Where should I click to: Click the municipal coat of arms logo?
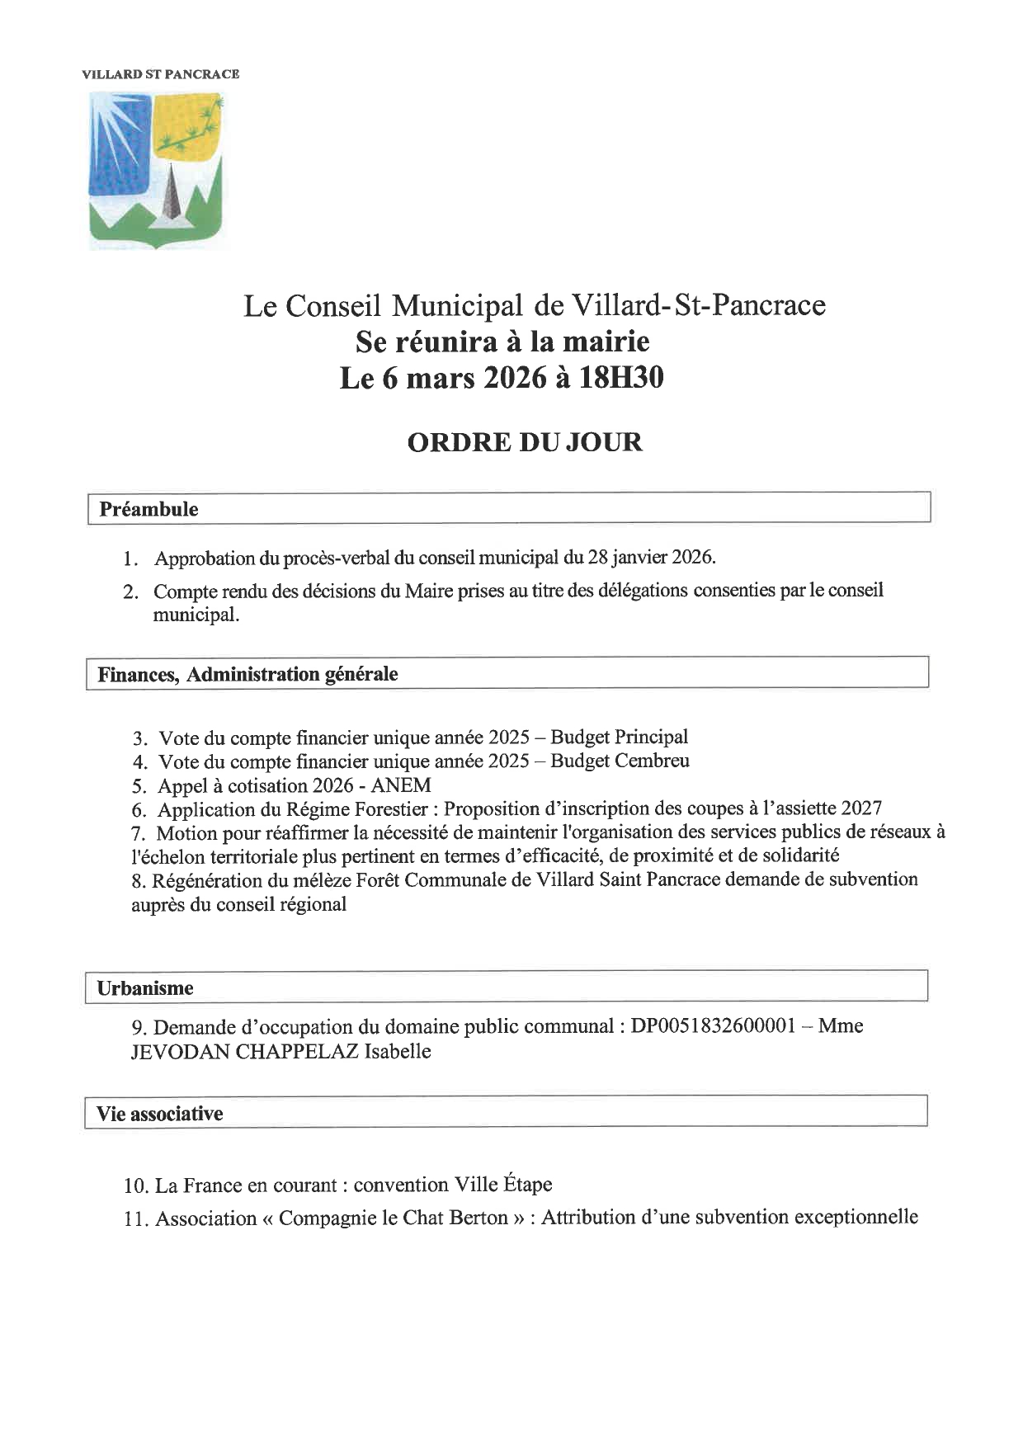pyautogui.click(x=156, y=170)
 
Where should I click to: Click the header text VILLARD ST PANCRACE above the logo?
pyautogui.click(x=161, y=74)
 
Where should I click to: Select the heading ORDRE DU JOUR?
pyautogui.click(x=525, y=442)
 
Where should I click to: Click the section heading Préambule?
pyautogui.click(x=148, y=509)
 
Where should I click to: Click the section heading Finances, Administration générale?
pyautogui.click(x=247, y=674)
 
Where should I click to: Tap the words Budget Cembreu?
pyautogui.click(x=620, y=761)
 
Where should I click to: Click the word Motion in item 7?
pyautogui.click(x=182, y=833)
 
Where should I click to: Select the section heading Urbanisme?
pyautogui.click(x=145, y=987)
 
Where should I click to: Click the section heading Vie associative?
pyautogui.click(x=160, y=1114)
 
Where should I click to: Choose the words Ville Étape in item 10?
pyautogui.click(x=503, y=1185)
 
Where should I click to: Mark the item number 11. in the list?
pyautogui.click(x=136, y=1218)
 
